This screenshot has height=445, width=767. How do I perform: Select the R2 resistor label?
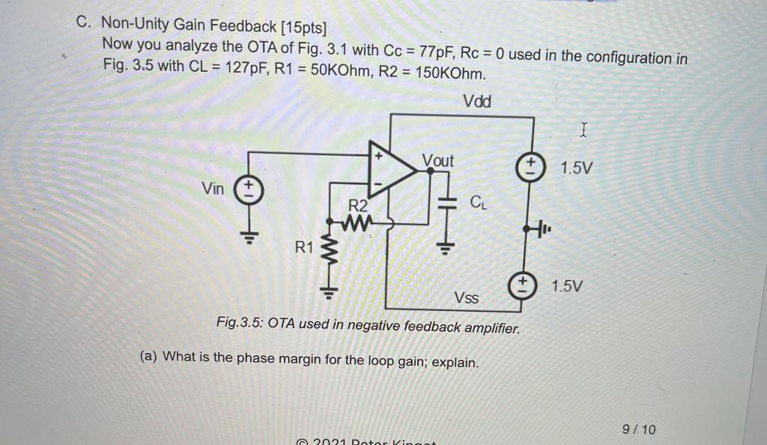pyautogui.click(x=360, y=205)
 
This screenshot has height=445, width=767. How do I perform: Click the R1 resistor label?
pyautogui.click(x=303, y=246)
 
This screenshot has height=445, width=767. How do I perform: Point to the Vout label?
pyautogui.click(x=438, y=160)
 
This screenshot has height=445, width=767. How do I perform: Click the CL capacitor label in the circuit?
pyautogui.click(x=479, y=202)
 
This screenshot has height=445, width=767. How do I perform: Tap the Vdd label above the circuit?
pyautogui.click(x=477, y=101)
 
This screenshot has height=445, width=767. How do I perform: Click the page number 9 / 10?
pyautogui.click(x=639, y=429)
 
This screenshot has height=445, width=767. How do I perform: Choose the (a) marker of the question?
pyautogui.click(x=149, y=356)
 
